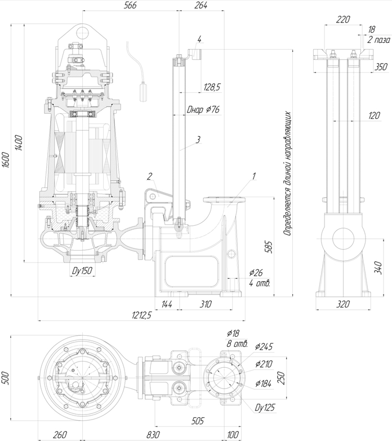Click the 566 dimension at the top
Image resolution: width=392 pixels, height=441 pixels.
click(x=130, y=5)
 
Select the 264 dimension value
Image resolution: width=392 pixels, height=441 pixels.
click(x=201, y=5)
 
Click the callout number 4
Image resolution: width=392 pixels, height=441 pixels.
click(x=199, y=39)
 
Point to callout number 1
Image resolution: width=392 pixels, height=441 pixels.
click(x=253, y=176)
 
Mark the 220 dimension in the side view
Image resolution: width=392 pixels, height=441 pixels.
click(x=342, y=19)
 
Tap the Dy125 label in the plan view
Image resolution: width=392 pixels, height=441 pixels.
click(x=264, y=407)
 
